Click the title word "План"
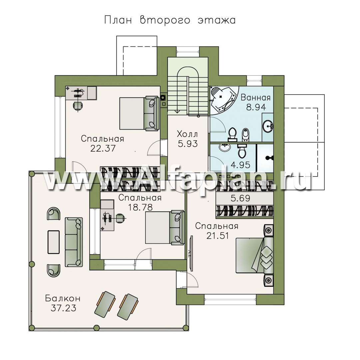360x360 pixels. coord(118,20)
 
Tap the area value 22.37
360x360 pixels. coord(103,148)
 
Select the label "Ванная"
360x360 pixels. coord(255,97)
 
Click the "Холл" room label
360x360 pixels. coord(187,134)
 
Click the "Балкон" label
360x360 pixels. coord(63,298)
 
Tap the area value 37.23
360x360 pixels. coord(63,308)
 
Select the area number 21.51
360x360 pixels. coord(217,236)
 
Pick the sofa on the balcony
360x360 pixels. coord(74,242)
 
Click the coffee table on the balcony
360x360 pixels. coord(54,242)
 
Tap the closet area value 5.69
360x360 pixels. coord(240,198)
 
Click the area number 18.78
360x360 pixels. coord(140,207)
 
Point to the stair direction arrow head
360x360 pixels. coord(177,111)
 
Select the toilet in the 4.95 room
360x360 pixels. coord(242,151)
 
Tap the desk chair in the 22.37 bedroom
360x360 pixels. coord(77,106)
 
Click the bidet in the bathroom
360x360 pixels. coord(245,135)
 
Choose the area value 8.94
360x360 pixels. coord(256,107)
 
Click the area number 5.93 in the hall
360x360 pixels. coord(188,144)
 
